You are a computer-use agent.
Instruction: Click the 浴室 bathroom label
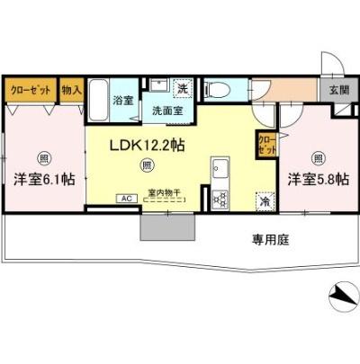pyautogui.click(x=123, y=101)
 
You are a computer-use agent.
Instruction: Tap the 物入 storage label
pyautogui.click(x=71, y=90)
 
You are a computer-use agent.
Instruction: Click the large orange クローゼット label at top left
pyautogui.click(x=30, y=90)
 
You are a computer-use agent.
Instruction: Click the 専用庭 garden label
pyautogui.click(x=269, y=240)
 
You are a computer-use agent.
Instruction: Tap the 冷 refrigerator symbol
pyautogui.click(x=265, y=202)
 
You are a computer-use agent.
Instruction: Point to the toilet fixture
pyautogui.click(x=217, y=90)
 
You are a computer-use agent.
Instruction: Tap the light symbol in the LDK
pyautogui.click(x=147, y=164)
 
